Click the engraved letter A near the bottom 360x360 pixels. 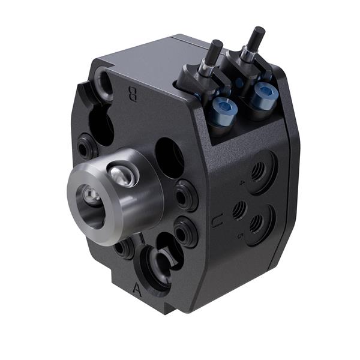pos(137,290)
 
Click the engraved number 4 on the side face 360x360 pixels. pos(242,181)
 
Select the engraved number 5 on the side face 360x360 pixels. pos(240,236)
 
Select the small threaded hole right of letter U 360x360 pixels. pos(239,210)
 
